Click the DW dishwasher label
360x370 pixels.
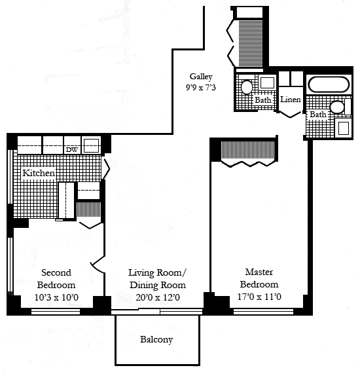tap(72, 149)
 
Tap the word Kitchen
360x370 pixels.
tap(39, 173)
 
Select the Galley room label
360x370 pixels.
tap(201, 77)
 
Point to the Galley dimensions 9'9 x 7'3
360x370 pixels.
tap(201, 88)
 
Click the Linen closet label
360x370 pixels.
tap(291, 100)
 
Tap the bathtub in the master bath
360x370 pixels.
tap(329, 84)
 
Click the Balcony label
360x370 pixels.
tap(156, 340)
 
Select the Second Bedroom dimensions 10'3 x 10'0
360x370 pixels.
tap(56, 297)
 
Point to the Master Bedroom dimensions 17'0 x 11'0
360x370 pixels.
tap(259, 297)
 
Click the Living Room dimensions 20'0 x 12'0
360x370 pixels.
tap(158, 297)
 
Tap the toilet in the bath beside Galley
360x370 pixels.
tap(247, 87)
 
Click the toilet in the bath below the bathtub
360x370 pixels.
tap(337, 107)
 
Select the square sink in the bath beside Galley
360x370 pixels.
tap(267, 83)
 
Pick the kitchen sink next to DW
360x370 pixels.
tap(91, 145)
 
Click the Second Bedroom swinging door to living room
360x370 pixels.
tap(98, 265)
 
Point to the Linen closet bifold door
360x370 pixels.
tap(290, 114)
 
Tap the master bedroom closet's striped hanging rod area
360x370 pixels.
tap(247, 150)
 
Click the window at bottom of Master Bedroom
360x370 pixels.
tap(263, 312)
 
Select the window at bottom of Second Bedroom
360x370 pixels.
tap(56, 312)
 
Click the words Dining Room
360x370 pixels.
tap(158, 285)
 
